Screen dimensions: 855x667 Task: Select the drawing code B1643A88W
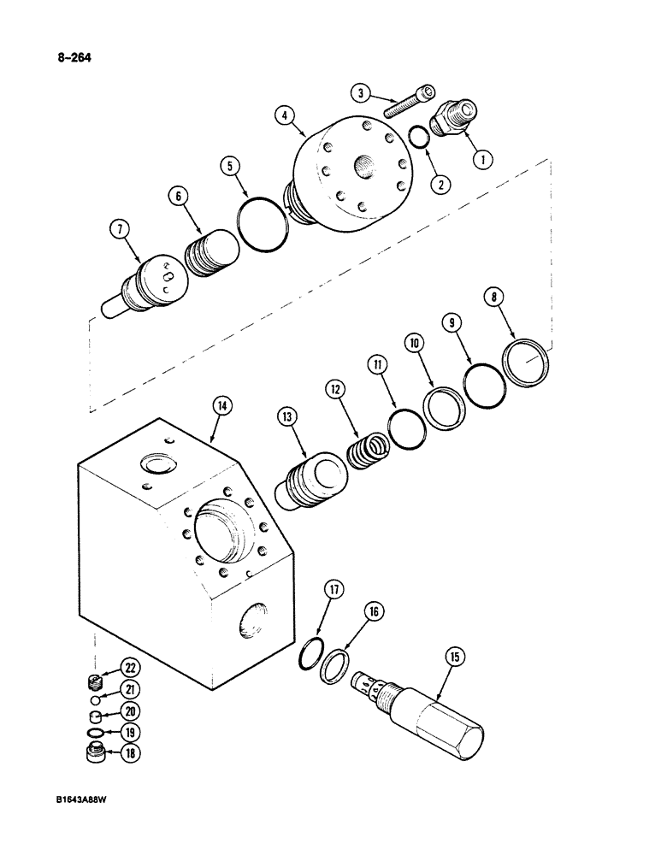click(x=84, y=800)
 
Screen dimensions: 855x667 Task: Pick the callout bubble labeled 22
click(x=132, y=668)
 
